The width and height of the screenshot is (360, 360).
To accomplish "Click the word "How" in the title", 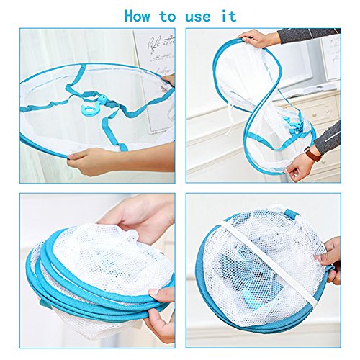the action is (x=138, y=16).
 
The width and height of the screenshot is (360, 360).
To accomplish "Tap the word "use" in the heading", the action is (x=198, y=17).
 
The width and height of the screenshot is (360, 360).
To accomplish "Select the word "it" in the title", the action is (x=229, y=16).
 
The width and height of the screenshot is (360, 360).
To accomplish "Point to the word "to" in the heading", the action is (x=168, y=17).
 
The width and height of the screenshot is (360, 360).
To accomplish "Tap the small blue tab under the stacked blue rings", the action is (x=45, y=304).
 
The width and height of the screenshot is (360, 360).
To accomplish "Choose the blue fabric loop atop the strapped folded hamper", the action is (x=291, y=213).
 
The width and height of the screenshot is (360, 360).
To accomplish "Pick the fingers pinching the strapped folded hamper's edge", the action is (x=330, y=261).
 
